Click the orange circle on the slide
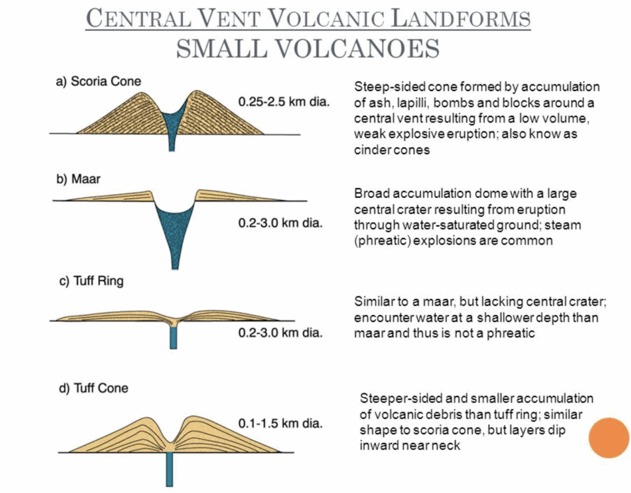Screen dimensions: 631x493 (608, 438)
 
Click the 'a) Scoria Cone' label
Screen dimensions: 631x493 (99, 81)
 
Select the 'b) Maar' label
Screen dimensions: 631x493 (78, 179)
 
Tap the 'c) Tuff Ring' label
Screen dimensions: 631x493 (91, 281)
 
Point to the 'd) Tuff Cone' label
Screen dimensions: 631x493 (94, 388)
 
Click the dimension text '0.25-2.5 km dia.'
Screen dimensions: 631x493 (283, 102)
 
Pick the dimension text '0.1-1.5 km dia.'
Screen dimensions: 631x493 (280, 423)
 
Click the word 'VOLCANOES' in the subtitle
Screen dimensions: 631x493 (358, 49)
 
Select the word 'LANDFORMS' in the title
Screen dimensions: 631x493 (461, 18)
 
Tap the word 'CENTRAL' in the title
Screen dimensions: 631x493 (139, 18)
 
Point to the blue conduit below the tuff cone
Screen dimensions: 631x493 (169, 469)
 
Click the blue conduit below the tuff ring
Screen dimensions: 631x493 (173, 337)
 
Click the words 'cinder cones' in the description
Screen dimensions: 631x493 (392, 150)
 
